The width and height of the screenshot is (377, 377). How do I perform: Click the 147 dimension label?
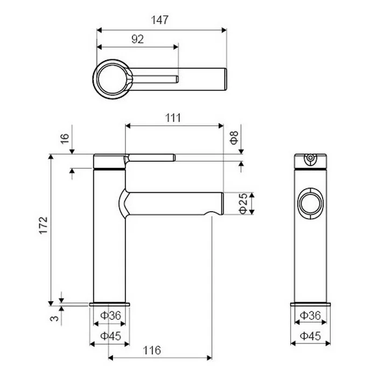(159, 20)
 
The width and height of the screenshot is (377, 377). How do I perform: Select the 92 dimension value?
(137, 39)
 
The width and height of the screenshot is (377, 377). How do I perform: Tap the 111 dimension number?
(173, 118)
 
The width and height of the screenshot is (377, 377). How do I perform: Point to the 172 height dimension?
(44, 225)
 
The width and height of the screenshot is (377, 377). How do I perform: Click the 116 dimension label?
(152, 350)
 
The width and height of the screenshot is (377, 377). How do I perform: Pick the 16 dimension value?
(65, 138)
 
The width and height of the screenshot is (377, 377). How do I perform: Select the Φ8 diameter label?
(234, 137)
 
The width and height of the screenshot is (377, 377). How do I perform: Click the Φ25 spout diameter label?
(243, 203)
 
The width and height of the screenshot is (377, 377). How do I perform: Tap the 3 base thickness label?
(54, 318)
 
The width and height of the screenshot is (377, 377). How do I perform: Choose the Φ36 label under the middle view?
(110, 316)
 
